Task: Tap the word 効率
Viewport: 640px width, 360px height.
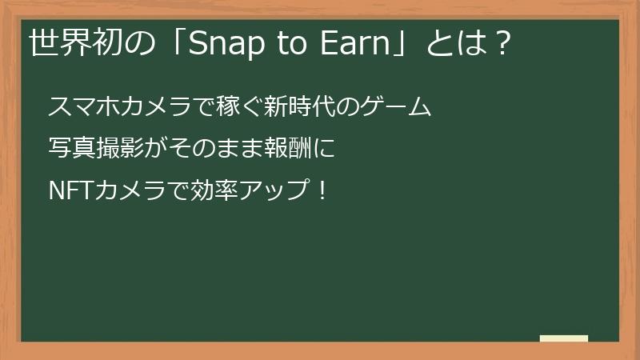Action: (204, 191)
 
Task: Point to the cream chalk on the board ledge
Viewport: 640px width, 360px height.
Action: (564, 338)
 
